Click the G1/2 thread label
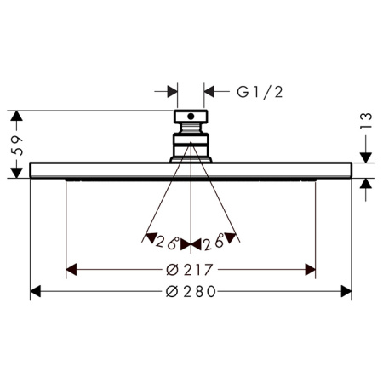click(x=260, y=93)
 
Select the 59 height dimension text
click(x=16, y=146)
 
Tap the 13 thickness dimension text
click(x=366, y=121)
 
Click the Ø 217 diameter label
click(x=189, y=270)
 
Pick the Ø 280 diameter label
click(x=191, y=292)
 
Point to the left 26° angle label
click(x=168, y=242)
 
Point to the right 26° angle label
click(x=214, y=242)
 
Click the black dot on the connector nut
click(x=191, y=117)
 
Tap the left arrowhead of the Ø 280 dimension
click(x=35, y=292)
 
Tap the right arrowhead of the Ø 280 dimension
click(x=346, y=292)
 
